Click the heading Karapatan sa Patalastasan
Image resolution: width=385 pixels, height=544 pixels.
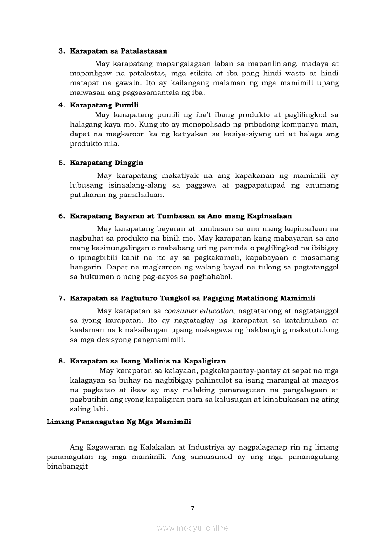[x=118, y=51]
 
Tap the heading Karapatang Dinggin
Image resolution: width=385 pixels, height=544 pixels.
[x=106, y=163]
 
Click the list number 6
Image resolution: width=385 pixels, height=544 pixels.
[x=61, y=216]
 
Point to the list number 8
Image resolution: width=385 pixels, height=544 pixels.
[x=61, y=361]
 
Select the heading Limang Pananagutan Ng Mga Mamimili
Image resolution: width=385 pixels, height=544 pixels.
[x=119, y=422]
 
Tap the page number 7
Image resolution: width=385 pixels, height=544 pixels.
[x=192, y=508]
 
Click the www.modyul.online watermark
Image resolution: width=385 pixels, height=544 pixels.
[x=192, y=528]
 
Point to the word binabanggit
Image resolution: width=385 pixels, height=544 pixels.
[x=68, y=466]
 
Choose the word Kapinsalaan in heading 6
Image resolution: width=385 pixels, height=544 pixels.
[x=270, y=216]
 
